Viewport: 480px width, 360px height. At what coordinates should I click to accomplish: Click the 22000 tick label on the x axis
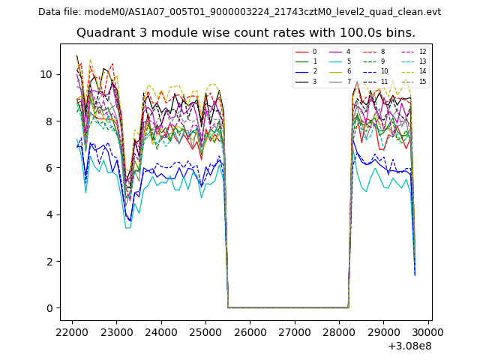click(x=72, y=331)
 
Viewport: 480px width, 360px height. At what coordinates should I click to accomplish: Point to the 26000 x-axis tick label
click(x=250, y=331)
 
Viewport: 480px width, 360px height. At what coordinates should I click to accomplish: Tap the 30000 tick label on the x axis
click(x=428, y=331)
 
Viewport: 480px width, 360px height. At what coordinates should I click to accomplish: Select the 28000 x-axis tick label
click(x=339, y=331)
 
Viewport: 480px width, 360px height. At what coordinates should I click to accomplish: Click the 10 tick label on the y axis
click(x=47, y=74)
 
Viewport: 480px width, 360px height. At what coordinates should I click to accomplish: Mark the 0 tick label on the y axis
click(x=50, y=308)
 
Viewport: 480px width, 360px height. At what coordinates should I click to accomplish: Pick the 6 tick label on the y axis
click(x=50, y=168)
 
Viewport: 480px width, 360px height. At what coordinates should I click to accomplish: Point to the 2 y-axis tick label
click(x=50, y=262)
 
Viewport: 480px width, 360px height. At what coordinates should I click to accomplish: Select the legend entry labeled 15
click(x=422, y=81)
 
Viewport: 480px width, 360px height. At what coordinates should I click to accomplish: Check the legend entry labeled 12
click(x=422, y=52)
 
